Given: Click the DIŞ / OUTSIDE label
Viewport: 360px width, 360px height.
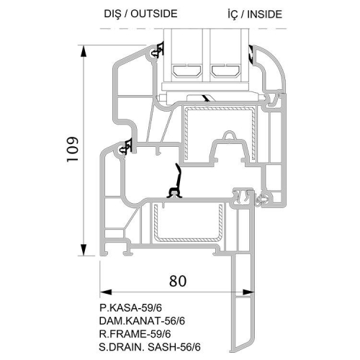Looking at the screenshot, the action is pos(140,14).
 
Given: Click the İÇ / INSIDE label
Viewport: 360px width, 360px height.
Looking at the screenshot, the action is pos(255,14).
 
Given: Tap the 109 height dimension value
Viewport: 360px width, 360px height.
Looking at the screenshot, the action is pos(73,149).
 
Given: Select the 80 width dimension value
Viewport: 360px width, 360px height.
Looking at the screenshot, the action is pos(178,281).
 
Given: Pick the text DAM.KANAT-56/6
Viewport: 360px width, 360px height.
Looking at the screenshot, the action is pos(142,320).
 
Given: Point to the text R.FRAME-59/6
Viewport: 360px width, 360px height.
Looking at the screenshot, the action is pos(135,334).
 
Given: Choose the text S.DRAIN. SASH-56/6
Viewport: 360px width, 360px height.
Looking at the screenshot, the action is pos(150,347).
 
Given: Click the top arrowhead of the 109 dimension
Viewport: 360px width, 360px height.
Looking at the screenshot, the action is pos(84,51).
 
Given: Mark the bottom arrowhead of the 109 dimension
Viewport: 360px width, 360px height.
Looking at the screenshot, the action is pos(84,250).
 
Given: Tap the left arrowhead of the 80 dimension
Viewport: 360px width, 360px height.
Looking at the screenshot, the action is pos(106,292).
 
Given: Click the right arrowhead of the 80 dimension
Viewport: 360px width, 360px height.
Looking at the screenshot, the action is pos(248,292).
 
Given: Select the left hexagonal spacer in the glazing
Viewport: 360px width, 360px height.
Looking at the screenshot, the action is pos(186,71).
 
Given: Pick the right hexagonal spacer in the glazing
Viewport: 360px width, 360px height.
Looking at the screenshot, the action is pos(225,71).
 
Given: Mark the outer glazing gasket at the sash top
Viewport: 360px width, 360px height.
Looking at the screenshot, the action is pos(157,51).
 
